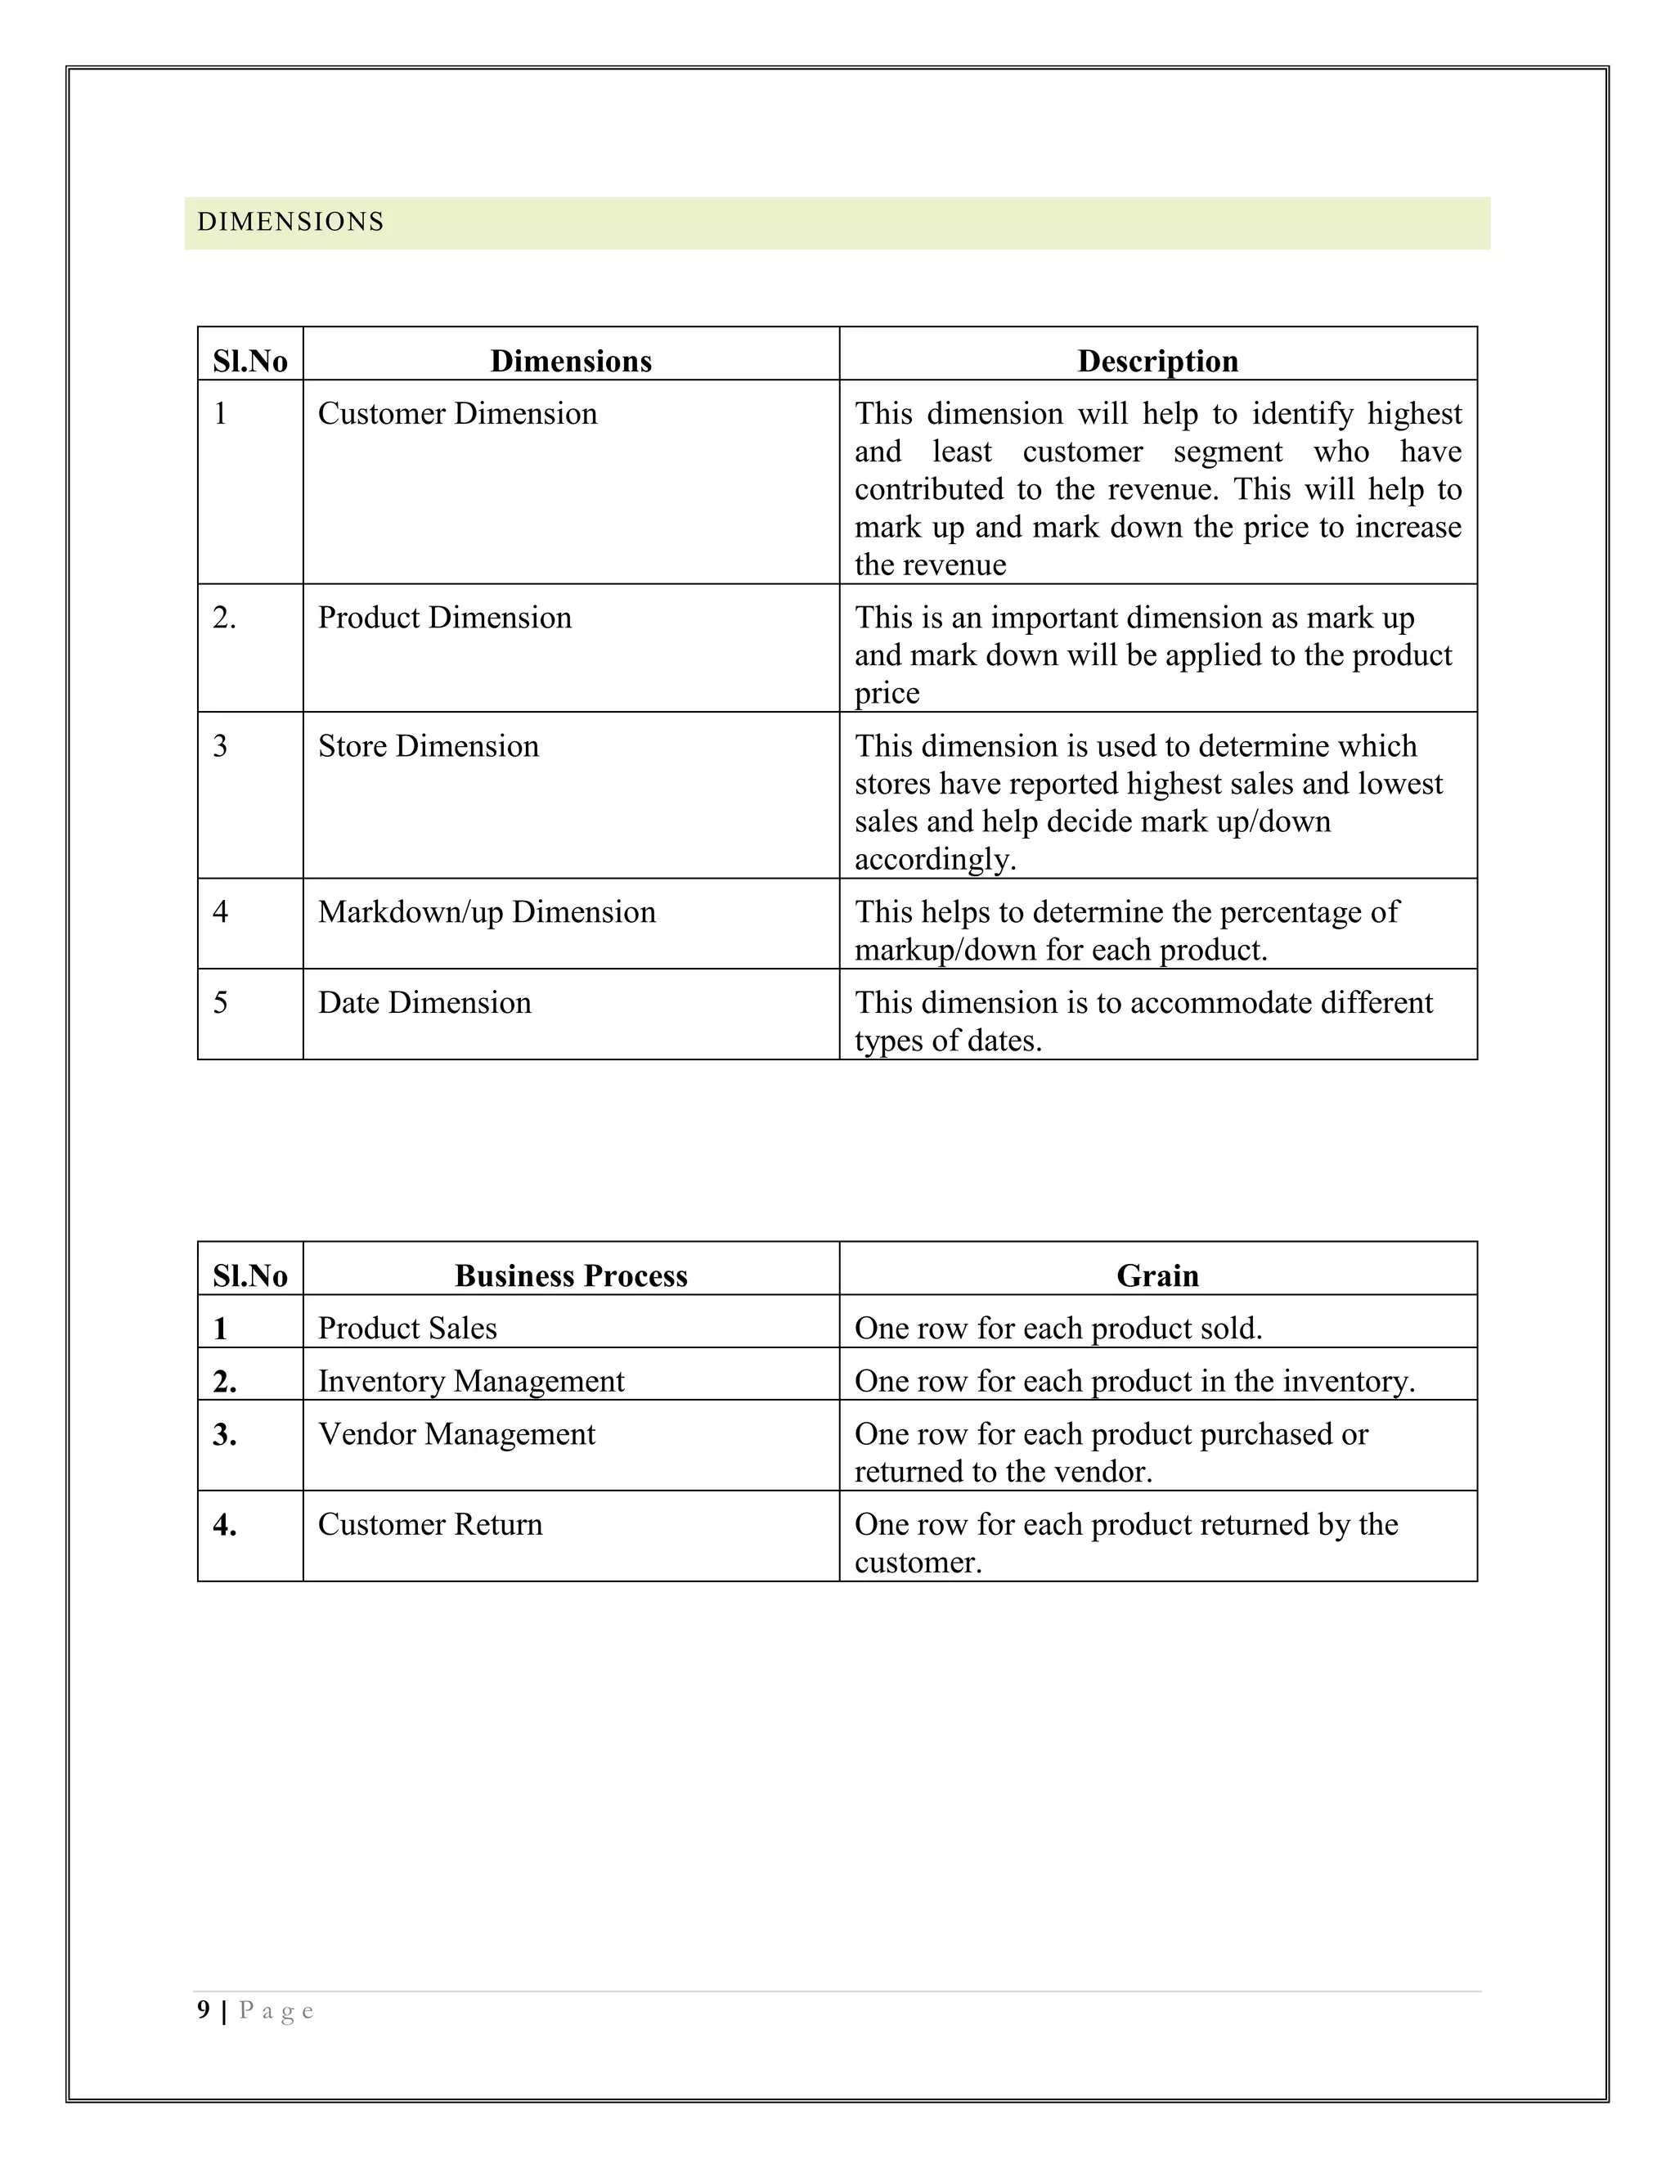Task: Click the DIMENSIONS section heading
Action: [x=290, y=223]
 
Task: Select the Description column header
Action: [x=1157, y=362]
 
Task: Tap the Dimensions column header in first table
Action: [x=571, y=362]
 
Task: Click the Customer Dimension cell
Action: [x=457, y=414]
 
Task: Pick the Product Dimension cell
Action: [x=445, y=618]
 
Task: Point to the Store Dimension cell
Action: [x=428, y=746]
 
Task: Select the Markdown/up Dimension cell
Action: [x=487, y=912]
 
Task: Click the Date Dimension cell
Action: [x=424, y=1003]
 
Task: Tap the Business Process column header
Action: [x=571, y=1275]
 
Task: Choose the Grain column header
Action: [x=1157, y=1275]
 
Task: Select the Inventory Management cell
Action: [x=470, y=1382]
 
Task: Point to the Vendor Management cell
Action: [x=456, y=1434]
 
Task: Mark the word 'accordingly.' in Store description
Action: [x=935, y=860]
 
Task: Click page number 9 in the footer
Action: [x=204, y=2010]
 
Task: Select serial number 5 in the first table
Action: [x=220, y=1003]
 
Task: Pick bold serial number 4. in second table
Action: [x=224, y=1525]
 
